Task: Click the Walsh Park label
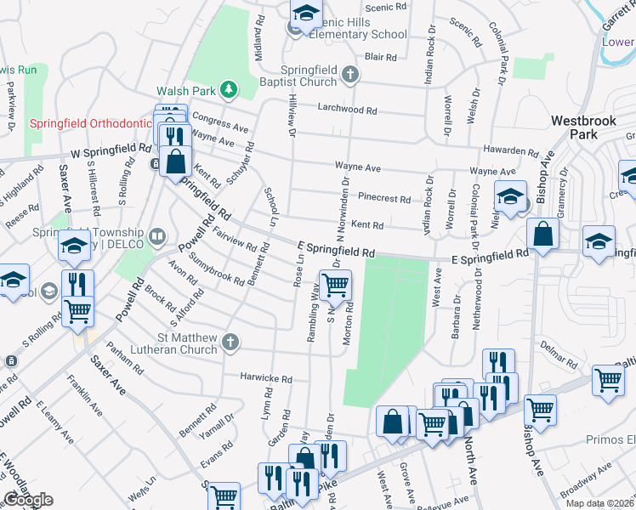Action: pos(184,89)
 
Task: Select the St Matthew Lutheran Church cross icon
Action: pos(228,343)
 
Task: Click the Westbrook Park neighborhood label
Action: pos(584,127)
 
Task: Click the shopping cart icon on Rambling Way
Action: pos(334,286)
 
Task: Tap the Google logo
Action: pos(28,500)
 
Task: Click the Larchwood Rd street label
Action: pos(347,110)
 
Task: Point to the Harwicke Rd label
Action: pos(265,377)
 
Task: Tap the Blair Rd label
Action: pos(380,58)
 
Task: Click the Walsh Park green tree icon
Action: pos(228,89)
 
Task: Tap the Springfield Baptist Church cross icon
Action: pos(349,76)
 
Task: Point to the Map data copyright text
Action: pos(599,503)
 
